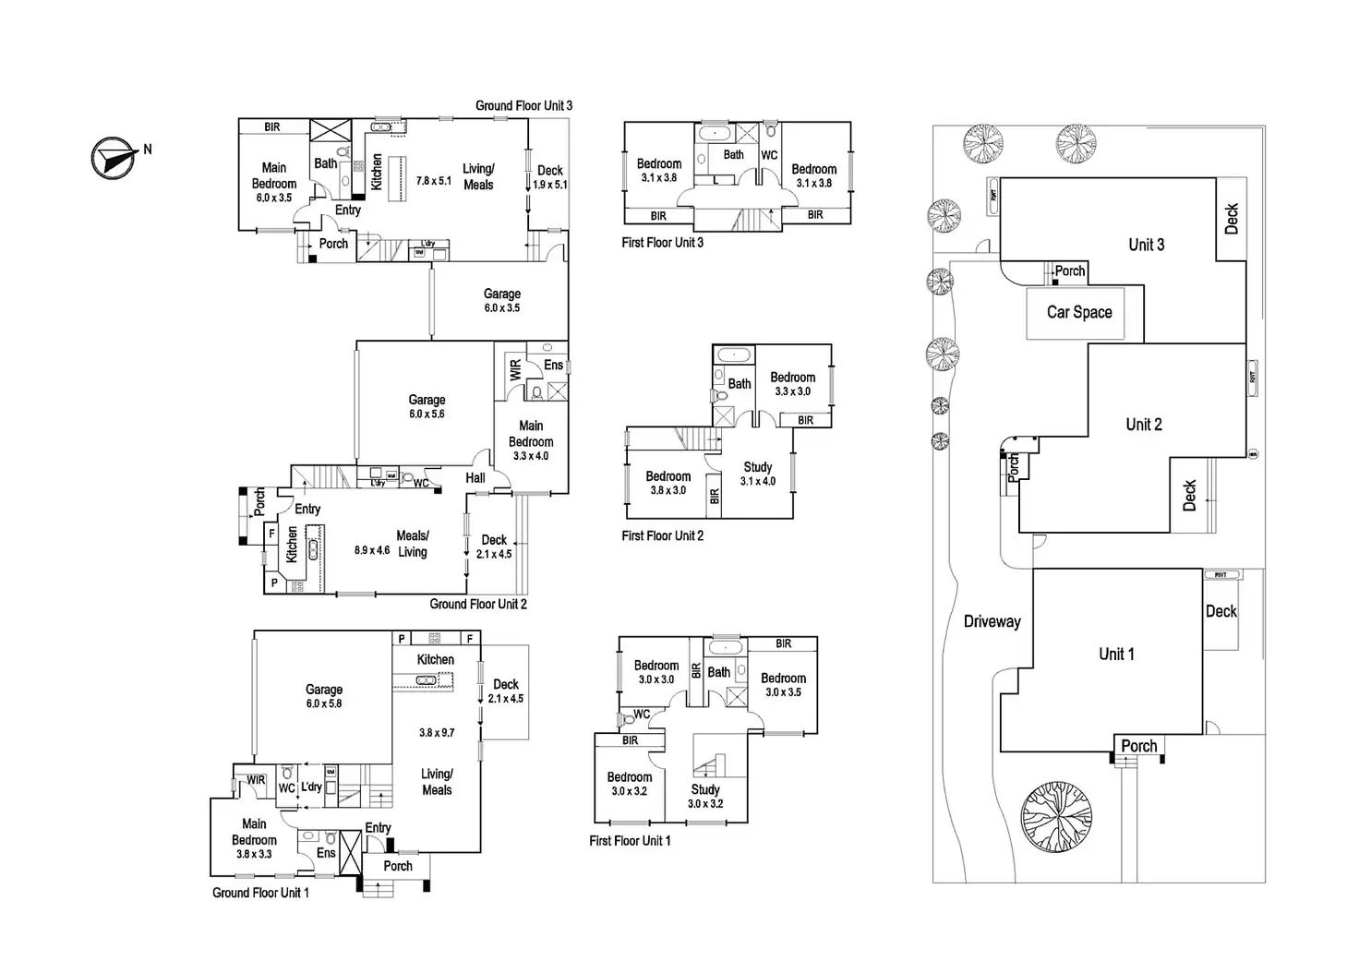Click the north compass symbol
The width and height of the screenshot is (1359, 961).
(x=112, y=158)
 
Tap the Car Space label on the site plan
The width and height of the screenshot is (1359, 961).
(x=1079, y=312)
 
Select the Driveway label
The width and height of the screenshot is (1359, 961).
(x=992, y=621)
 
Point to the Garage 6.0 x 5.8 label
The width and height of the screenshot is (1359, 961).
(x=324, y=696)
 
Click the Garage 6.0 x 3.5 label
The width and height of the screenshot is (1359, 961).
(x=502, y=300)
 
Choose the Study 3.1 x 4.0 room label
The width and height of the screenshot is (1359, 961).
(x=758, y=474)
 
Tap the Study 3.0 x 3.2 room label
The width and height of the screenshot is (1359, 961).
(x=705, y=796)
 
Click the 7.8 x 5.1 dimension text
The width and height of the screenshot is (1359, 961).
(x=434, y=181)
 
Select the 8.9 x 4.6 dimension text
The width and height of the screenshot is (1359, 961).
(x=372, y=550)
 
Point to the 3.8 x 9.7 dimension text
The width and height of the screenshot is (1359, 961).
(x=437, y=733)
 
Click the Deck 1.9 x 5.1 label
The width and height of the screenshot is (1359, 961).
(x=550, y=176)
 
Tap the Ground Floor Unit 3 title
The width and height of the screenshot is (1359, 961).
(x=523, y=105)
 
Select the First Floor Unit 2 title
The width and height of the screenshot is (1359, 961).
(x=662, y=535)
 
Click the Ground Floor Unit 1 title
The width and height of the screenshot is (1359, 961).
(x=260, y=893)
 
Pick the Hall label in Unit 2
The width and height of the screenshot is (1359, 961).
(x=475, y=477)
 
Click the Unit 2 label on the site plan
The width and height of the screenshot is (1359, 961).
(x=1143, y=425)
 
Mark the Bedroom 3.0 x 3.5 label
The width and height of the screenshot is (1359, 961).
(x=783, y=684)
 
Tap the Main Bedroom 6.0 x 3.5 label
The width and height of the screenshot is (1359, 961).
(x=273, y=182)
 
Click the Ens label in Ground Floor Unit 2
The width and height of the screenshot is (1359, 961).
(x=553, y=365)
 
